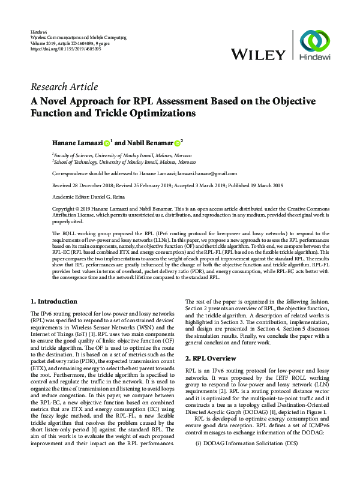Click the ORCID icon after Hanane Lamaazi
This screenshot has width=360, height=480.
pyautogui.click(x=107, y=143)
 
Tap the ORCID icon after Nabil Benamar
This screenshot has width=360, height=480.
pyautogui.click(x=177, y=143)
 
